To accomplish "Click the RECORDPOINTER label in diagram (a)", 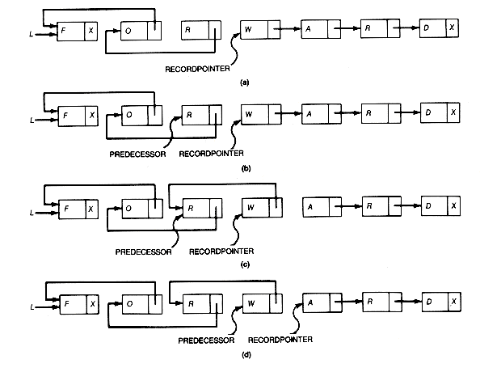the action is (x=197, y=69).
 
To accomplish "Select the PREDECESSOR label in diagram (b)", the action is (x=137, y=154).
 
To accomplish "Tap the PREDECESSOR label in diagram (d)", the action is (x=206, y=340).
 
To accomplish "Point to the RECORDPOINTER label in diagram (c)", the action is (x=221, y=252).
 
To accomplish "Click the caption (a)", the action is (x=245, y=82).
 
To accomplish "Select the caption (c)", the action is (x=245, y=264).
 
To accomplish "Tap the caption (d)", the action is (x=246, y=355).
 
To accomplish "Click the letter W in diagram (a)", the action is (x=248, y=29).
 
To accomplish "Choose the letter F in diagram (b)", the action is (x=65, y=116).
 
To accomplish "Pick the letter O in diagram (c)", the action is (x=128, y=209).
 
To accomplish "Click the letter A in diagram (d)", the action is (x=310, y=302).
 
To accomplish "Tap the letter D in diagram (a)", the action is (x=426, y=27).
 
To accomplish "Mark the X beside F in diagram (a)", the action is (x=91, y=31).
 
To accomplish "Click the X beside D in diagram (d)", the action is (x=454, y=302).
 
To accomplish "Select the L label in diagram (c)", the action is (x=32, y=213).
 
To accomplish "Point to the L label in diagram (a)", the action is (x=31, y=34).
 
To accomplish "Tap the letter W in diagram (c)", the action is (x=251, y=208).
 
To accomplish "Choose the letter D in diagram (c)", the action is (x=428, y=205).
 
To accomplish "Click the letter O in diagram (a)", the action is (x=128, y=31).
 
